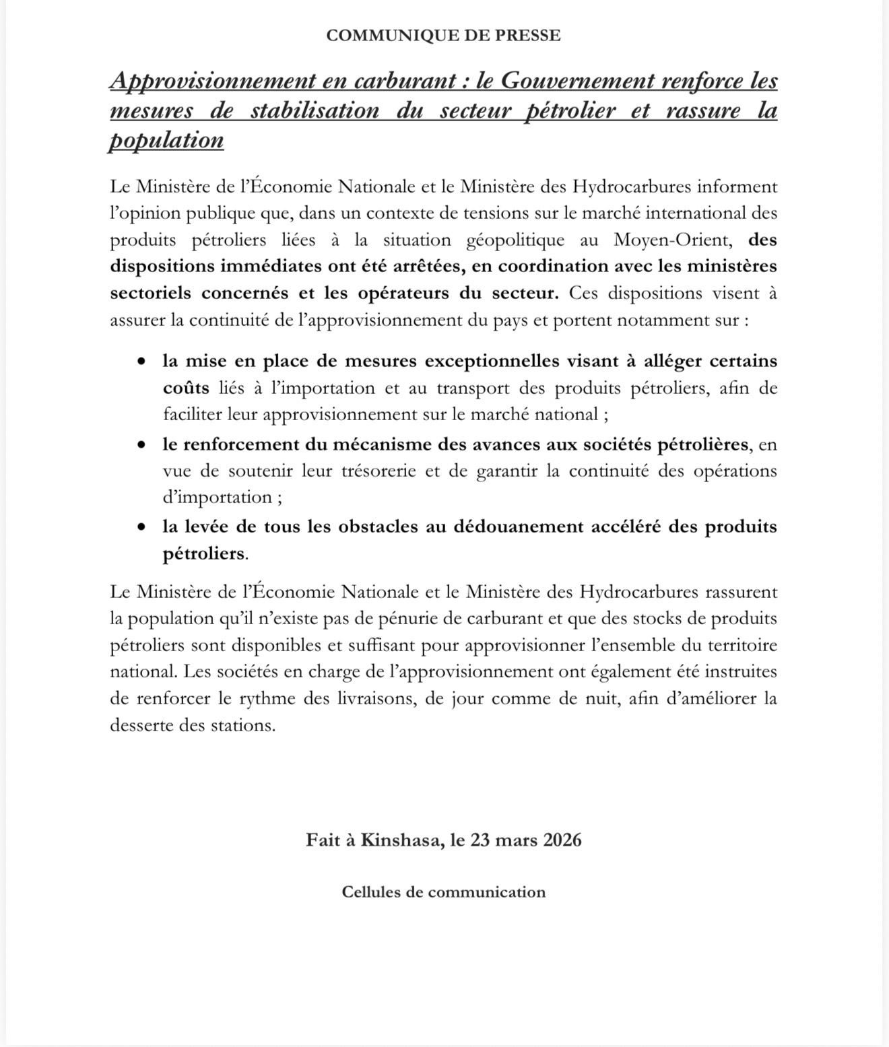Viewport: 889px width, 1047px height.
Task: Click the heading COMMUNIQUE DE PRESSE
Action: click(443, 36)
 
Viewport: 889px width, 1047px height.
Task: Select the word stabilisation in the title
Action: click(315, 111)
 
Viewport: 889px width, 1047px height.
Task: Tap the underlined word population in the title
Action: click(166, 141)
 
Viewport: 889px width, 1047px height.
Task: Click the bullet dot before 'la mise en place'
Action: click(141, 362)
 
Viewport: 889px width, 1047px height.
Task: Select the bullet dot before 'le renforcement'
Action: click(141, 444)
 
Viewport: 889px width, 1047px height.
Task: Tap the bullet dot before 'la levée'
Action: click(141, 527)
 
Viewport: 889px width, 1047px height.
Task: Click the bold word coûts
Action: click(186, 389)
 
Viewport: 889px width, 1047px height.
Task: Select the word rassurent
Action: click(741, 593)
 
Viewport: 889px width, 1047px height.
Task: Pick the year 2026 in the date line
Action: click(562, 840)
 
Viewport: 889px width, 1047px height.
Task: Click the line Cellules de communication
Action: click(443, 892)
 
